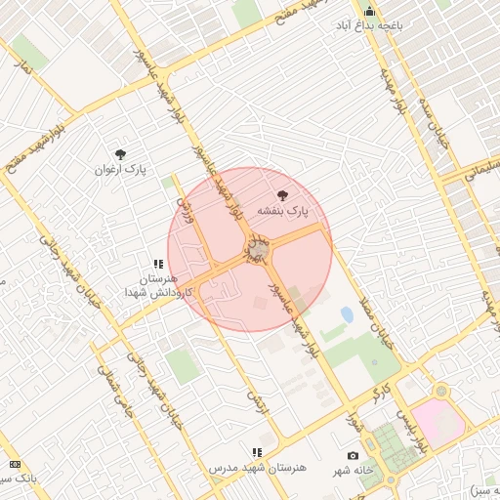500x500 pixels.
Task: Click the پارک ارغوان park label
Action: [120, 169]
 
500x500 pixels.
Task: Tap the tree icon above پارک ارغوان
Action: [120, 154]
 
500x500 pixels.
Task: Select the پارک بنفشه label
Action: [282, 210]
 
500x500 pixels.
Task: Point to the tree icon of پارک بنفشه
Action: [283, 195]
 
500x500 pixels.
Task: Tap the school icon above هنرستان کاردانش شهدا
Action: [157, 264]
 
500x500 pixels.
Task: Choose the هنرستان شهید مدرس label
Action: [258, 468]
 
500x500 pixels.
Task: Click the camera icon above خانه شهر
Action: [353, 456]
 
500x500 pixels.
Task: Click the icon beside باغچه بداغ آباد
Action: [369, 10]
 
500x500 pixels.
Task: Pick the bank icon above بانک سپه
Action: [15, 464]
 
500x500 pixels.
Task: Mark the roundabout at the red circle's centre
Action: [257, 252]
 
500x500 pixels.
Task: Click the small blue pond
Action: [347, 314]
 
